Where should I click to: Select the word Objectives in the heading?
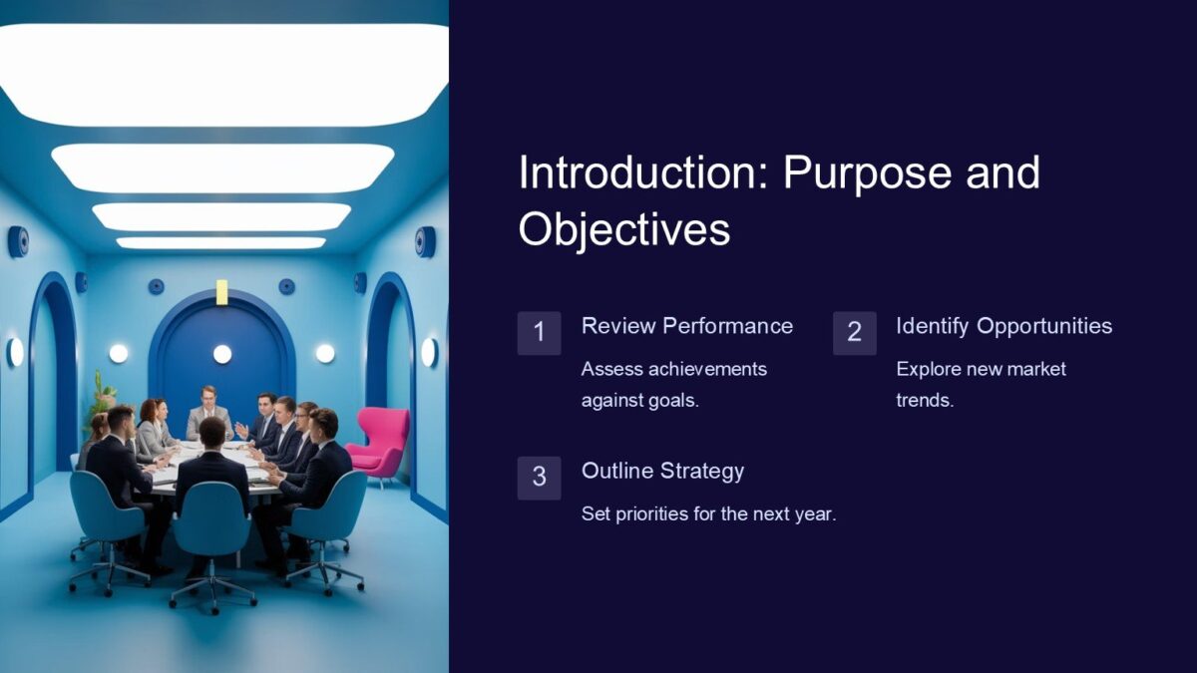624,229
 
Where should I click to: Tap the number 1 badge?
539,333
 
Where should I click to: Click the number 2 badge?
854,333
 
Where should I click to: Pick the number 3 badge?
539,478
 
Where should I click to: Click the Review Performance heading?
687,326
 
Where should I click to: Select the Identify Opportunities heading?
1003,326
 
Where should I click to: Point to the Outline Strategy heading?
662,471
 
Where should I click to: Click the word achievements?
707,369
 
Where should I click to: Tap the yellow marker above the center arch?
221,291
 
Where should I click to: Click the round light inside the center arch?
221,354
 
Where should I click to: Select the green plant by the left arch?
100,396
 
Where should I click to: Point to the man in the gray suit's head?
207,395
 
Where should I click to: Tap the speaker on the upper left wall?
18,241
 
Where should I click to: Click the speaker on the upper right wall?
426,241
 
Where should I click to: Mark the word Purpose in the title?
854,173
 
